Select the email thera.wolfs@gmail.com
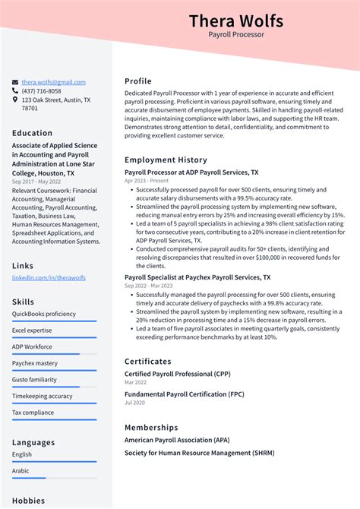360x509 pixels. click(x=53, y=82)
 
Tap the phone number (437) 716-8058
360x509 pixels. click(x=41, y=90)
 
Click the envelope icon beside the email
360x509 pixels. click(x=15, y=82)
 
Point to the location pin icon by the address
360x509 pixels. click(x=15, y=100)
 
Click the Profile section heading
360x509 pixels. click(x=138, y=81)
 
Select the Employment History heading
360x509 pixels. click(x=166, y=160)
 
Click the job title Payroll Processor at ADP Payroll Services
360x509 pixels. click(x=191, y=172)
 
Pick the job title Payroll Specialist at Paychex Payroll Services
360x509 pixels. click(x=197, y=277)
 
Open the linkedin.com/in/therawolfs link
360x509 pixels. click(x=49, y=278)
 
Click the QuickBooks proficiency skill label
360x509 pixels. click(x=44, y=314)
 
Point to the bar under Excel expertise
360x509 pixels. click(x=54, y=338)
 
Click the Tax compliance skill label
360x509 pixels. click(x=33, y=413)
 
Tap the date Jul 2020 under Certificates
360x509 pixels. click(x=134, y=403)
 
